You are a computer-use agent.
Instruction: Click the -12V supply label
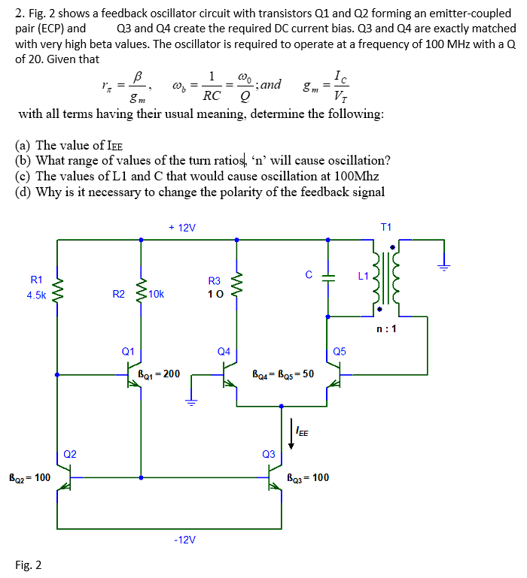(184, 540)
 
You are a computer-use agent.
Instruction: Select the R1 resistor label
(36, 280)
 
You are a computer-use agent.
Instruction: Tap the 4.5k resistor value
(36, 295)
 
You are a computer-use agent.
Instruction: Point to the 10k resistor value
(157, 294)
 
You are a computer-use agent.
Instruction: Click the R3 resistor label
(214, 281)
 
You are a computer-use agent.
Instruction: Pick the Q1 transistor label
(128, 351)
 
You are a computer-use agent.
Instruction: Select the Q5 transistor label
(340, 351)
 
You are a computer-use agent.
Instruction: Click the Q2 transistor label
(70, 453)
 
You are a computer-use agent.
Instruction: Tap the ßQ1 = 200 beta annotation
(159, 373)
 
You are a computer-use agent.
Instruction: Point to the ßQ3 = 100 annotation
(308, 477)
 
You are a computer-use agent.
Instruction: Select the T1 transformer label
(386, 227)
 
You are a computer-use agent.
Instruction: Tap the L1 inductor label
(363, 277)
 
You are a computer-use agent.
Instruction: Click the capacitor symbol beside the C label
(327, 277)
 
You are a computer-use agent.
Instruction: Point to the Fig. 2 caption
(29, 565)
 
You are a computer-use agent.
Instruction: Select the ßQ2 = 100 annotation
(29, 477)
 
